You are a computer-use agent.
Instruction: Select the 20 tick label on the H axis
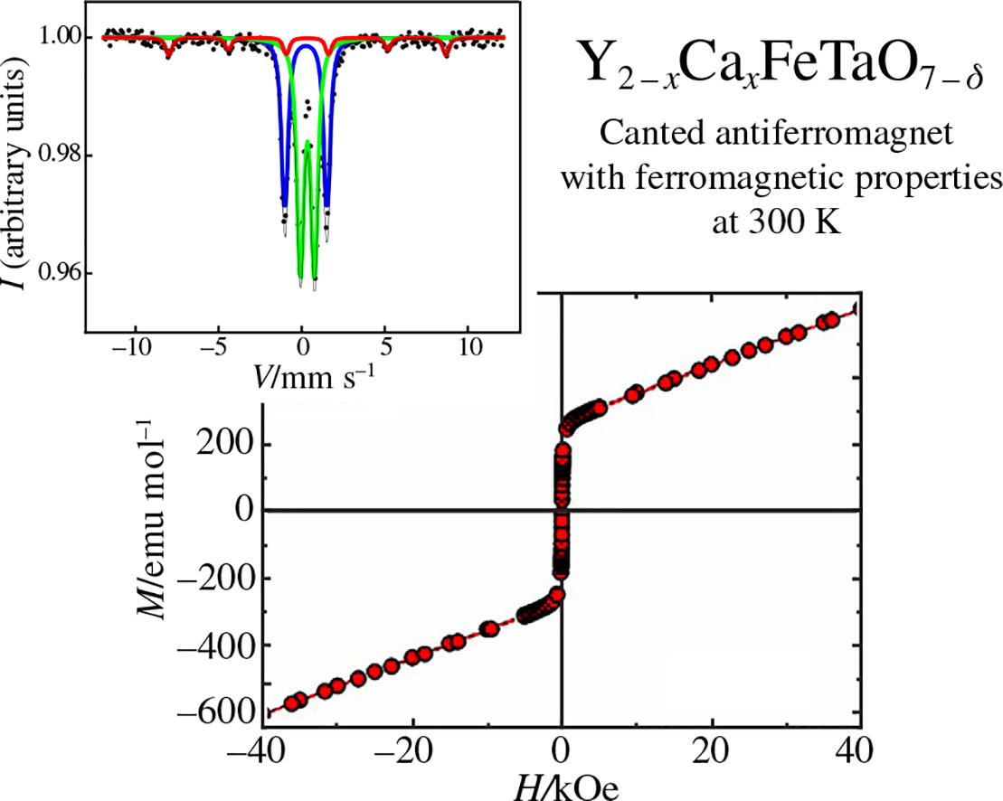[712, 752]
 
